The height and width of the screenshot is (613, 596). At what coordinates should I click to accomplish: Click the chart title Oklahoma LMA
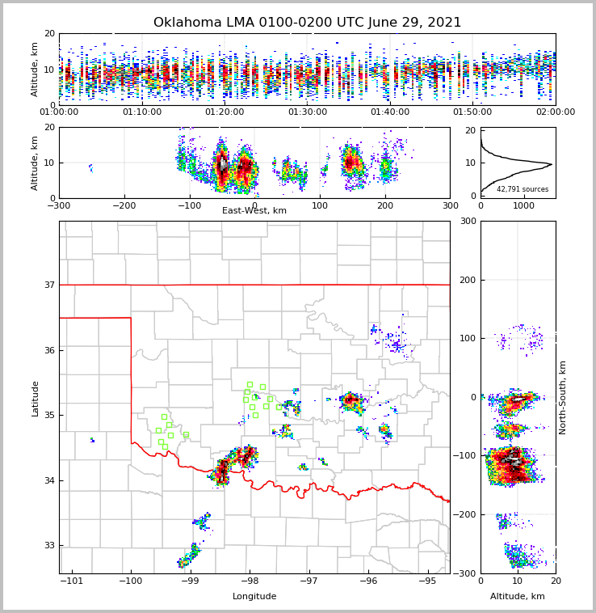307,23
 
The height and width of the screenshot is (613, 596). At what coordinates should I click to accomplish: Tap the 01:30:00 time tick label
308,112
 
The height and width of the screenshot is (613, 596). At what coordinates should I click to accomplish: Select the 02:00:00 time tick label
555,112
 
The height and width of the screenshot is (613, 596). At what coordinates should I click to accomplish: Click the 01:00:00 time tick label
60,112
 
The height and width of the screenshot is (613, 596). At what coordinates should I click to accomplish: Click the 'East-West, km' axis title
254,211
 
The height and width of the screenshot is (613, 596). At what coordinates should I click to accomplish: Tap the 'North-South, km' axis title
563,397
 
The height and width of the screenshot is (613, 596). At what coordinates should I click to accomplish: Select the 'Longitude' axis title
254,597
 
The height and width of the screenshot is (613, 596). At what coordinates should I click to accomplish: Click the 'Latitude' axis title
36,398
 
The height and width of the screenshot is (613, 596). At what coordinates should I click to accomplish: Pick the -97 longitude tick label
308,581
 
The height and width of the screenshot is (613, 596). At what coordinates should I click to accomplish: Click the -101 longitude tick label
72,581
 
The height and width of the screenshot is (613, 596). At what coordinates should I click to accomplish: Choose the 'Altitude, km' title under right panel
518,597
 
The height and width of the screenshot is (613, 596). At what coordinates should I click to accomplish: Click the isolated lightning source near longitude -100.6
92,440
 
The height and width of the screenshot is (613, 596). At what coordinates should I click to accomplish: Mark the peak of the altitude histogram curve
552,164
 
